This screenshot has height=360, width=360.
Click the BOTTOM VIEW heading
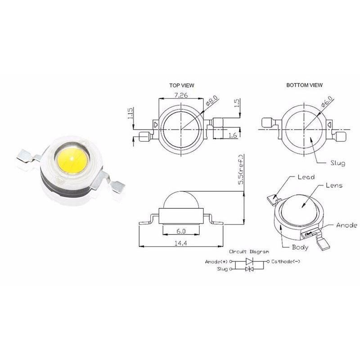304,85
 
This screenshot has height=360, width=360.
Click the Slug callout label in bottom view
337,163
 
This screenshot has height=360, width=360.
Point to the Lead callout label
306,177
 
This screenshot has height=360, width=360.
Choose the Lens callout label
333,185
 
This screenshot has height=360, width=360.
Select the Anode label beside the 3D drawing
346,225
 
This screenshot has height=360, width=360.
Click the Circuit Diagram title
249,252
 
